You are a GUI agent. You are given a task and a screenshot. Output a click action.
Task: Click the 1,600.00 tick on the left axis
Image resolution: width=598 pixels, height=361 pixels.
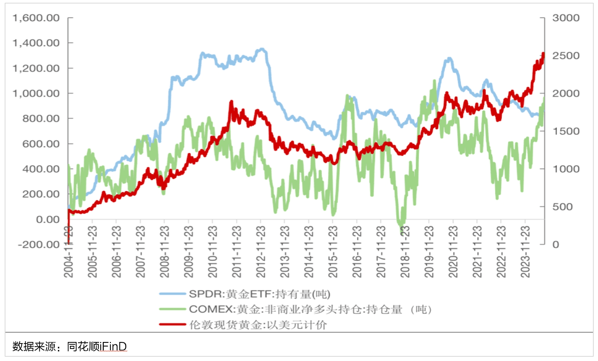[x=36, y=18]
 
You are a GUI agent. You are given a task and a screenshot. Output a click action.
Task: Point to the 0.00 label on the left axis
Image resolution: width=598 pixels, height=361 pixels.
[x=48, y=220]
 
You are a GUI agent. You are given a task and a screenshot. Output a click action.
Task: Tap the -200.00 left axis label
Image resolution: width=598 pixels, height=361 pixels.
[x=39, y=245]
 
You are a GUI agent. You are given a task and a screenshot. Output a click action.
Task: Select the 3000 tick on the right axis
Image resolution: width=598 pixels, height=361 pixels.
[x=566, y=18]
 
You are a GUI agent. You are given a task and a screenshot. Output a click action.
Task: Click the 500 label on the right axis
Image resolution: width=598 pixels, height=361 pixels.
[x=562, y=207]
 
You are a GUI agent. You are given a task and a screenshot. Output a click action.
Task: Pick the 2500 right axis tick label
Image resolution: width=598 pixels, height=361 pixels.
[x=566, y=56]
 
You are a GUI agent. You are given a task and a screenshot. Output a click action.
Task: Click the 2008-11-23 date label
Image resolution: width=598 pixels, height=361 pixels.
[x=164, y=252]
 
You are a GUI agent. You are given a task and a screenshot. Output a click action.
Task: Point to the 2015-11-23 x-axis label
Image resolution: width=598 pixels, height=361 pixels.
[x=333, y=252]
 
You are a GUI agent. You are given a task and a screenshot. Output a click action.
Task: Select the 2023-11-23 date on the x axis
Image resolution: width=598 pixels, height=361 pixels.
[x=525, y=252]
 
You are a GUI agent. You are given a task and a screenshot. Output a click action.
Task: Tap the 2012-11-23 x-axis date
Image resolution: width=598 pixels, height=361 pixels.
[x=260, y=252]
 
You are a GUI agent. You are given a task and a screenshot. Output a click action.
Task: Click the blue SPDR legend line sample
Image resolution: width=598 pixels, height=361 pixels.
[x=173, y=294]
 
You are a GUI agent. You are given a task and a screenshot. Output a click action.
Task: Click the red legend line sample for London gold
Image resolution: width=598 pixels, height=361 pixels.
[x=173, y=324]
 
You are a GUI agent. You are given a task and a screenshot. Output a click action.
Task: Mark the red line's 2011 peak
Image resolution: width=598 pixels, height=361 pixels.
[x=231, y=102]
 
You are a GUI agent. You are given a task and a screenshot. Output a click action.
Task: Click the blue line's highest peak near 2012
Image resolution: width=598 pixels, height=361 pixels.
[x=262, y=49]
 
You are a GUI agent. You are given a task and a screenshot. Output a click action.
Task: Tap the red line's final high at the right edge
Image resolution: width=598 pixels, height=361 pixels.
[x=543, y=54]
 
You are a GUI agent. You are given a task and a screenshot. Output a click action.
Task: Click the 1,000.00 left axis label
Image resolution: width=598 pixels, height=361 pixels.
[x=36, y=93]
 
